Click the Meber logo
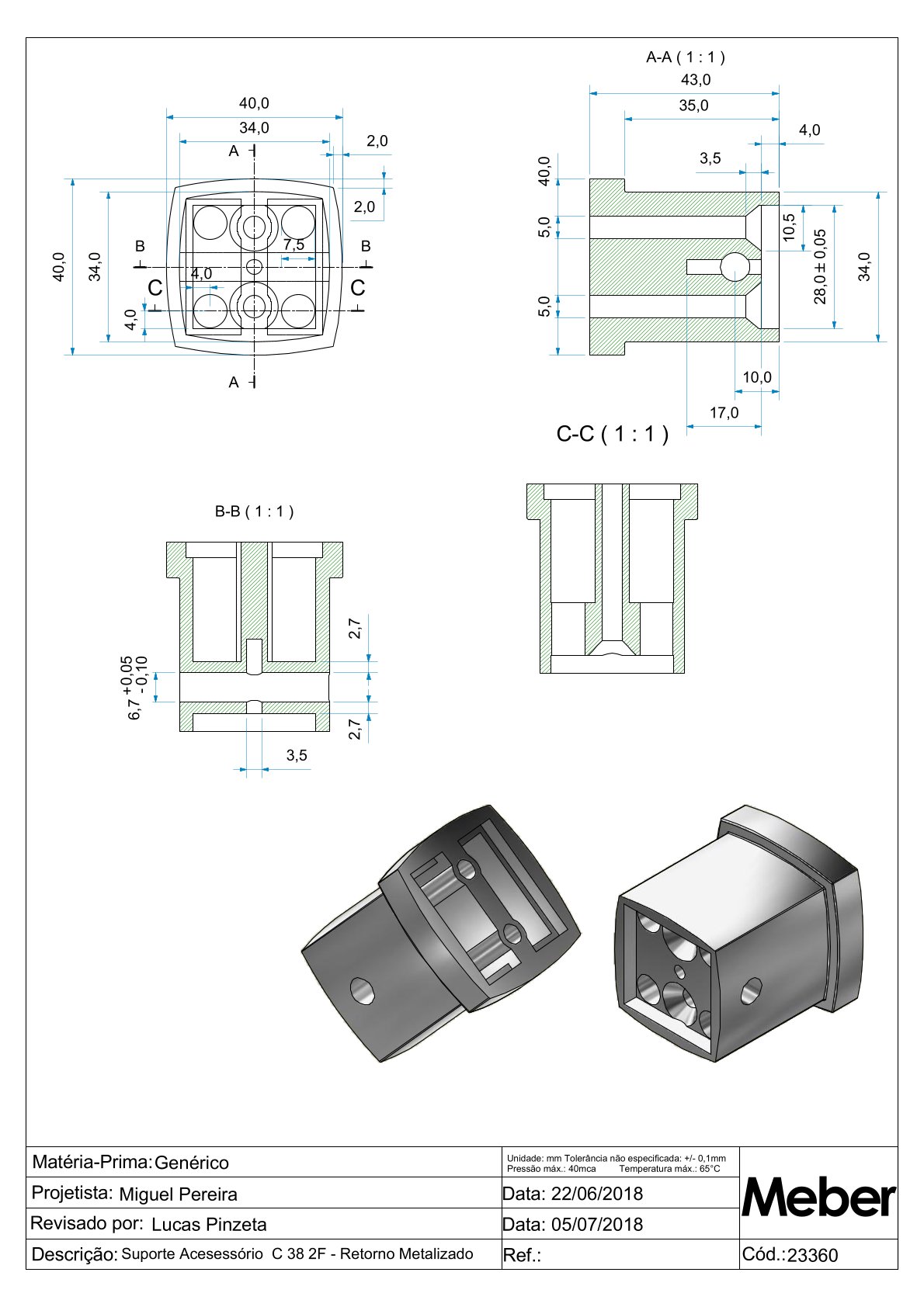(x=818, y=1198)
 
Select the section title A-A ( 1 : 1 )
(x=686, y=57)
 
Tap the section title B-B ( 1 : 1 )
(x=254, y=511)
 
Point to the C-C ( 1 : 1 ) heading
(x=612, y=434)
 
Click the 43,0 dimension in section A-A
(x=695, y=80)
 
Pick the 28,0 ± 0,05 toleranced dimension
(x=820, y=266)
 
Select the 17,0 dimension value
(x=724, y=413)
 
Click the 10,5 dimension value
(x=790, y=227)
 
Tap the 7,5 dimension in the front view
(x=294, y=244)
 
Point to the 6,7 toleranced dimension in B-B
(x=135, y=688)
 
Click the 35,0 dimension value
(x=693, y=106)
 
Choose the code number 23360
(x=812, y=1256)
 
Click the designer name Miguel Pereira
(x=178, y=1194)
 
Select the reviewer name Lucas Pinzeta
(x=209, y=1225)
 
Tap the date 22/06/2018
(x=597, y=1194)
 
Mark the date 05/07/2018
(x=597, y=1225)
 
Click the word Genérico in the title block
(x=192, y=1163)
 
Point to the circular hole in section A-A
(x=735, y=267)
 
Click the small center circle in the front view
(x=254, y=267)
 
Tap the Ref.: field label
(x=522, y=1256)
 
